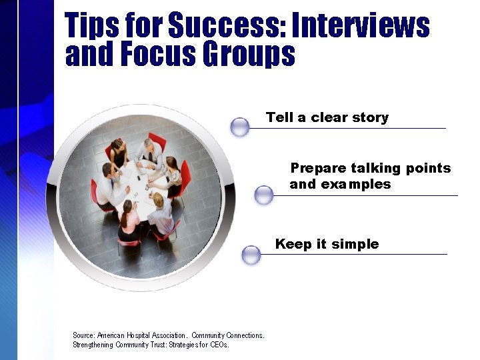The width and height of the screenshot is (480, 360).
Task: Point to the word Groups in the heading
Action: (x=256, y=55)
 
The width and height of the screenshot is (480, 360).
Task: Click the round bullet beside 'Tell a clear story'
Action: (x=239, y=127)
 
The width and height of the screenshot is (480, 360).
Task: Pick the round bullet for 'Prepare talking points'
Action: (x=264, y=195)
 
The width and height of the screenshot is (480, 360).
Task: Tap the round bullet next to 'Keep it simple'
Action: (x=251, y=255)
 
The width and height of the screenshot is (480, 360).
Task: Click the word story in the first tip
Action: (x=371, y=117)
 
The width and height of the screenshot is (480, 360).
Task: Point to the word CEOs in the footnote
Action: (x=218, y=345)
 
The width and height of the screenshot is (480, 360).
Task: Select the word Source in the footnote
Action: (x=83, y=335)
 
